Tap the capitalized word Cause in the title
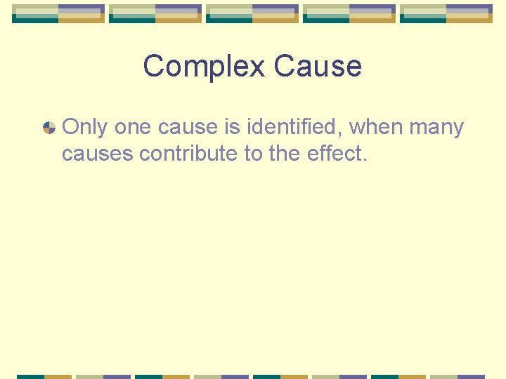point(318,67)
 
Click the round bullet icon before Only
point(49,128)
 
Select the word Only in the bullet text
point(85,127)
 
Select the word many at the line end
point(436,127)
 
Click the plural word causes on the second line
point(97,154)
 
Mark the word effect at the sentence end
point(337,154)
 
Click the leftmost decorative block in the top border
point(58,13)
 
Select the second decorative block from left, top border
point(155,13)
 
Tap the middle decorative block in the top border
point(252,13)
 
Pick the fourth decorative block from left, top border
point(349,13)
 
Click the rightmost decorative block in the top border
point(446,13)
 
